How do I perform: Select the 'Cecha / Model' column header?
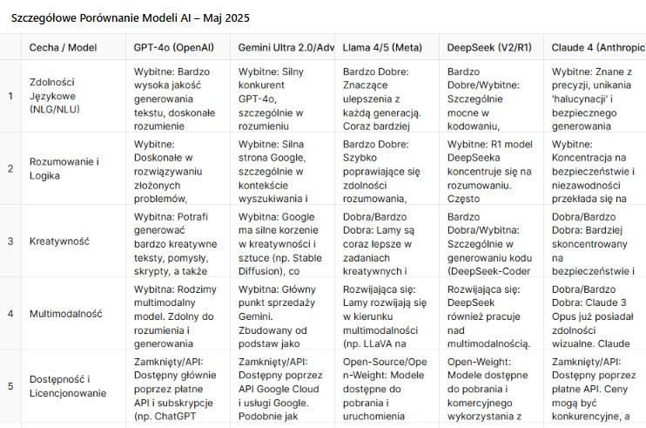[64, 47]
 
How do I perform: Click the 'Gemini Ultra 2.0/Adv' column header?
[286, 47]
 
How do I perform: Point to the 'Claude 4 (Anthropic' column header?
[598, 47]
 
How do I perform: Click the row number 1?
[10, 96]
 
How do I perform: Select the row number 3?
[10, 241]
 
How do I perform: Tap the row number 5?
[10, 385]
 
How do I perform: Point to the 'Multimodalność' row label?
[66, 313]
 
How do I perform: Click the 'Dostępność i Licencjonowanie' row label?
[68, 385]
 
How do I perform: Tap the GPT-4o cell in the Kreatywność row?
[178, 241]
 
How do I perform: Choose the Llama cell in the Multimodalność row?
[387, 313]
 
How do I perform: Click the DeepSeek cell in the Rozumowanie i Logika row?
[491, 168]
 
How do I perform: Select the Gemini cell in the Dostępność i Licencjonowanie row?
[282, 385]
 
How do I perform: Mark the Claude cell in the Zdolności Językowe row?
[596, 96]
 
